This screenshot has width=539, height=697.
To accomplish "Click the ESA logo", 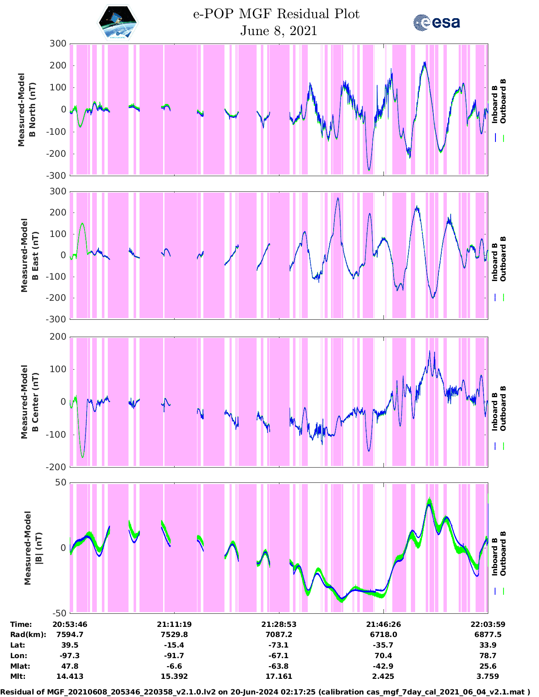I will pos(436,23).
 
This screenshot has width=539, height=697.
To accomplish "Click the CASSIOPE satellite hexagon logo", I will pos(118,23).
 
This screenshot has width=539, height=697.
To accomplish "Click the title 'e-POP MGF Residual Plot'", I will pos(276,14).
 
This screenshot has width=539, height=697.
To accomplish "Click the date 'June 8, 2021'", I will pos(279,31).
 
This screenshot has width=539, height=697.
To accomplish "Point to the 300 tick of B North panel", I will pos(58,44).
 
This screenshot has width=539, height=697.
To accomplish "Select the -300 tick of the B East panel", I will pos(56,319).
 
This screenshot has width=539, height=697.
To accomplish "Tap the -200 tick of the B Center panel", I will pos(56,467).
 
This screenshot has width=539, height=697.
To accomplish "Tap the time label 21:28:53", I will pos(279,624).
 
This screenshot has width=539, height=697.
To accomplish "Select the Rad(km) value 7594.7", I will pos(70,634).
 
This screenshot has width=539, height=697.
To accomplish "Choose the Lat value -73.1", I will pos(279,645).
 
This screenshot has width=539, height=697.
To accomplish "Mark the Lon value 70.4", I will pos(383,656).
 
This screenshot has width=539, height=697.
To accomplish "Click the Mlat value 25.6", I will pos(488,666).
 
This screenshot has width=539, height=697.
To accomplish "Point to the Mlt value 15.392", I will pos(174,676).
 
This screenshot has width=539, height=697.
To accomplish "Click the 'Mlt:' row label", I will pos(18,676).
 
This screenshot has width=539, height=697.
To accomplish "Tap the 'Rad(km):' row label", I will pos(28,634).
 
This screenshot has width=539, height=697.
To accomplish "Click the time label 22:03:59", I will pos(488,624).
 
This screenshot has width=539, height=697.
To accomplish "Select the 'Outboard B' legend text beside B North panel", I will pos(503,101).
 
